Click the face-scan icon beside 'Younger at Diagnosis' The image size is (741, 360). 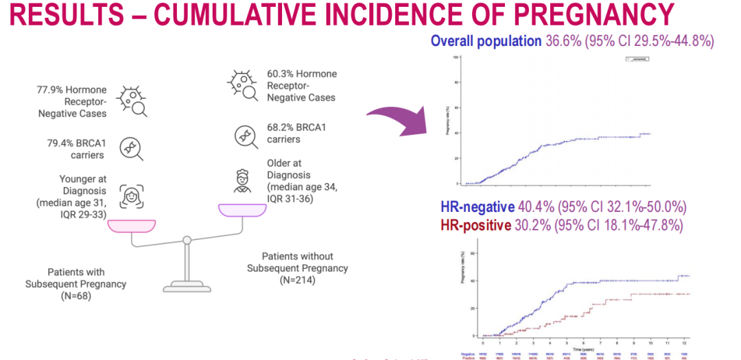point(130,195)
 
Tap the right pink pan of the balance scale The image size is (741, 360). point(242,209)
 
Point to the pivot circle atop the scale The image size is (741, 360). point(186,241)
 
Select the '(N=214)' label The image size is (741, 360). point(297,280)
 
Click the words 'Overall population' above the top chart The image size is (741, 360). point(486,41)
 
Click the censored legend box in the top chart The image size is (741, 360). point(637,60)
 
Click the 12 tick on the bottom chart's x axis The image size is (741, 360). point(683,341)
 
